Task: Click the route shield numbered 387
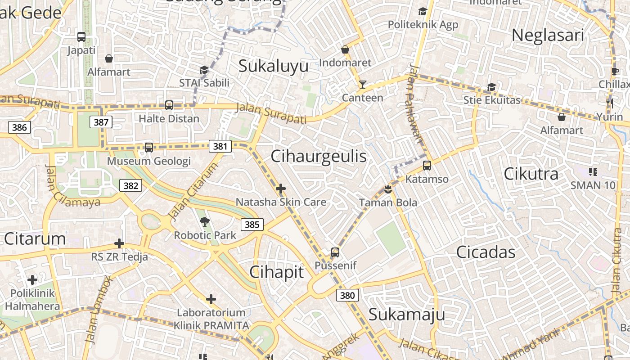click(101, 122)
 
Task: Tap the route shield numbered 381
click(220, 146)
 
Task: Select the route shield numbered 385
click(252, 224)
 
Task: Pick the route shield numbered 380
click(347, 295)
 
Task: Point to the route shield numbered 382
click(130, 185)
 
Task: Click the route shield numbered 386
click(19, 127)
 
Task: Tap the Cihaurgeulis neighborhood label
click(319, 156)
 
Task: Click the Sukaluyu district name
click(273, 66)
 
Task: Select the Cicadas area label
click(486, 252)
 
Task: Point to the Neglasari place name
click(548, 35)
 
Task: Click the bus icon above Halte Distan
click(169, 105)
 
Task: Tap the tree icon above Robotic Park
click(205, 221)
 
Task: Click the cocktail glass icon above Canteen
click(362, 85)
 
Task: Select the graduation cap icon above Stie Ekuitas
click(491, 87)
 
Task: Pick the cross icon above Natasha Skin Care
click(281, 189)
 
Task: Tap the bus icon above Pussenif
click(335, 252)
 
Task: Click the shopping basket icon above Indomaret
click(345, 49)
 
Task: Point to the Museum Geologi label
click(149, 161)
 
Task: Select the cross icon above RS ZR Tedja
click(119, 243)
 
